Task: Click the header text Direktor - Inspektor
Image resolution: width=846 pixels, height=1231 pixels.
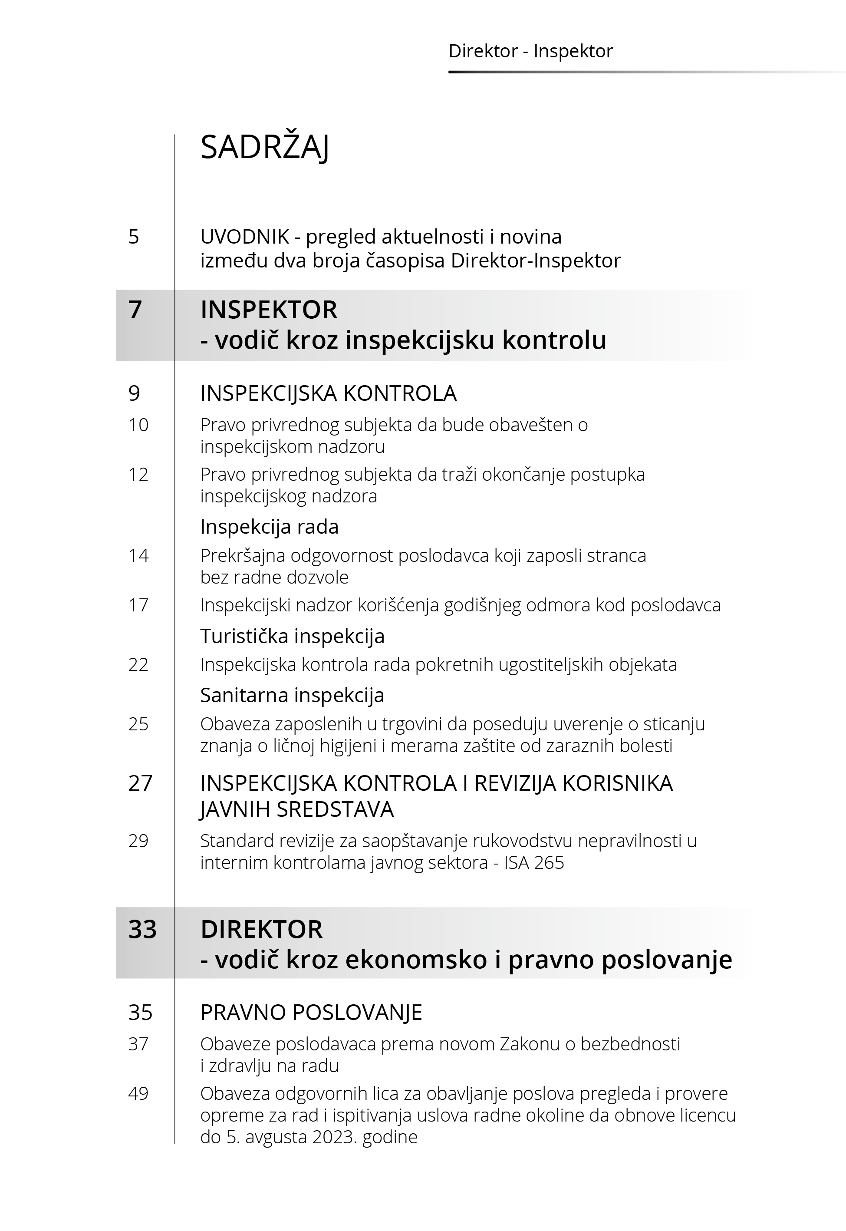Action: click(x=530, y=51)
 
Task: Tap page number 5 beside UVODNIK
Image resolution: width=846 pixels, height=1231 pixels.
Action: click(x=134, y=237)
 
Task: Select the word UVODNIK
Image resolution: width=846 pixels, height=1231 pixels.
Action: click(x=244, y=237)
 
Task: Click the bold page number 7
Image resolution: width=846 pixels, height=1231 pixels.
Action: click(x=135, y=310)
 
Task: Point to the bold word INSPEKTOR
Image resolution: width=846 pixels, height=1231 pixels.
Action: click(x=269, y=310)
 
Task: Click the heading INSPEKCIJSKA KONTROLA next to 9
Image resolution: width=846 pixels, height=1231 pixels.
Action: click(x=328, y=393)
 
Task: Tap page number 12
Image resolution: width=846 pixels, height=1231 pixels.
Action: click(x=138, y=474)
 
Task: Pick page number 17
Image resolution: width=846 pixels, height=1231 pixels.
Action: click(x=138, y=605)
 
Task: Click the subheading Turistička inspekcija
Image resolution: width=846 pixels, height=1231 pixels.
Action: click(x=292, y=636)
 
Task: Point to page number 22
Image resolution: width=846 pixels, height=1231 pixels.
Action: click(x=138, y=664)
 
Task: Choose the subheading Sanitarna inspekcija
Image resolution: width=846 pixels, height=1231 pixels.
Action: click(x=292, y=695)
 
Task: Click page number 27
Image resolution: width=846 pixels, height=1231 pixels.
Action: click(x=140, y=783)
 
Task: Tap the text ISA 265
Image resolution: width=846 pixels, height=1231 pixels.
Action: click(x=534, y=862)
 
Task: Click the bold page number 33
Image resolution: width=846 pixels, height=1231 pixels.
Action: click(x=142, y=929)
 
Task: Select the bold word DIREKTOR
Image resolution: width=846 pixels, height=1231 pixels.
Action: click(x=261, y=929)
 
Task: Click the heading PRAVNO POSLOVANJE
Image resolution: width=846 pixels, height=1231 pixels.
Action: click(x=311, y=1012)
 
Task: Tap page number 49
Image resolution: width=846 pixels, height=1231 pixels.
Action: click(x=138, y=1093)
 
